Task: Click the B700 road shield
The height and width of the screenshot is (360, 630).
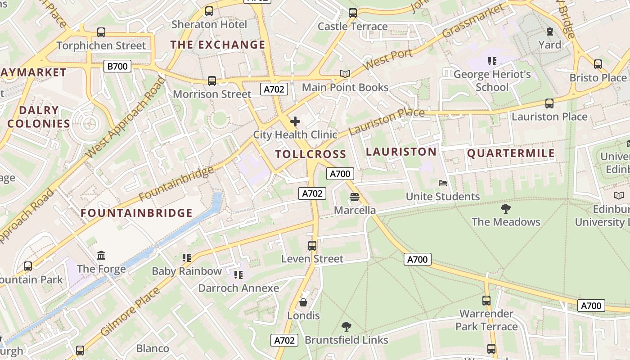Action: [x=117, y=67]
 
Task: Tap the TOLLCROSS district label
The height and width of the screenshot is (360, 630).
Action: [x=310, y=154]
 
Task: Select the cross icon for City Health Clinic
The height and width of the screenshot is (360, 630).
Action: [x=295, y=121]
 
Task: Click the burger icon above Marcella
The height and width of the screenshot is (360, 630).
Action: [x=354, y=197]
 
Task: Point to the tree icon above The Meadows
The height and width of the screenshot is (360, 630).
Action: [x=505, y=208]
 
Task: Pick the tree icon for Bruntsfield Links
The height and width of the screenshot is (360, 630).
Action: [x=346, y=326]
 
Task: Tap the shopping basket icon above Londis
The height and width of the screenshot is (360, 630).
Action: [x=303, y=302]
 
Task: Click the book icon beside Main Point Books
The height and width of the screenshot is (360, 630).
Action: [x=345, y=74]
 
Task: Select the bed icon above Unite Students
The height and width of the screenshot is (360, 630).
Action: [x=442, y=183]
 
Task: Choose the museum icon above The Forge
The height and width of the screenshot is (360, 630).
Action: [x=101, y=255]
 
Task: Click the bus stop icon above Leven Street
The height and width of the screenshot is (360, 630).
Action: [x=312, y=245]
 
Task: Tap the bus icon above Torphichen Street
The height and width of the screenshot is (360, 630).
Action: [x=101, y=32]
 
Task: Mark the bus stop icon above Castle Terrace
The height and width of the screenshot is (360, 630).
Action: [x=352, y=13]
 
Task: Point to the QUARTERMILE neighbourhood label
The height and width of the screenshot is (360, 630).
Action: [x=511, y=153]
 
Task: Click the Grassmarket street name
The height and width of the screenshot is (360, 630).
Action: [x=473, y=21]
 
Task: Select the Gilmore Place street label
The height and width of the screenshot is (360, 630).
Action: [x=130, y=312]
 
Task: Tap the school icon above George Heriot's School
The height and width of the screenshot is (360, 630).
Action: [x=492, y=61]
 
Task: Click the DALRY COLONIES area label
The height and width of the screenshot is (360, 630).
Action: [x=39, y=117]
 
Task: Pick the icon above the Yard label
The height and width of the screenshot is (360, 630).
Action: [x=549, y=31]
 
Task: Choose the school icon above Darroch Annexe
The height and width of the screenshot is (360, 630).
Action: [x=238, y=274]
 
